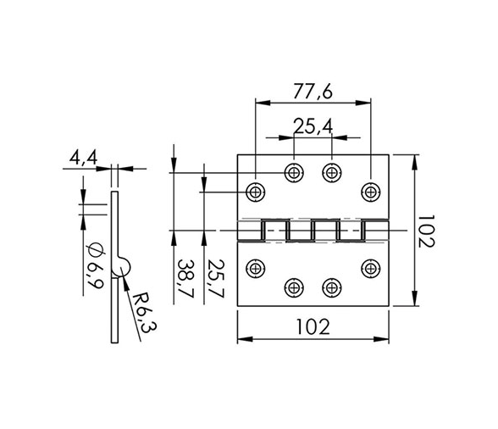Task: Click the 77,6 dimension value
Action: tap(313, 92)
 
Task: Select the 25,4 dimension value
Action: tap(313, 126)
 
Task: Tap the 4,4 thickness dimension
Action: tap(84, 158)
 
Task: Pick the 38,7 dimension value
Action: tap(185, 279)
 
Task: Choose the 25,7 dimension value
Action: tap(216, 279)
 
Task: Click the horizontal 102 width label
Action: tap(313, 327)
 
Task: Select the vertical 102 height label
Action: tap(425, 231)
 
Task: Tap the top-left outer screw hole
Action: tap(256, 192)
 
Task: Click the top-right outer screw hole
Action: tap(371, 192)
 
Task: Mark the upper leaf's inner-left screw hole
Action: tap(294, 173)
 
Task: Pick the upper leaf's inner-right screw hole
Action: tap(332, 173)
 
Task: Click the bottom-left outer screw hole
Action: tap(256, 269)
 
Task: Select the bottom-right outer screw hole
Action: tap(371, 269)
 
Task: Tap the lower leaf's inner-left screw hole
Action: tap(294, 287)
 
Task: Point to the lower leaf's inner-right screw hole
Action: tap(332, 287)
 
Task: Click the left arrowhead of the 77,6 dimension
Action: tap(263, 103)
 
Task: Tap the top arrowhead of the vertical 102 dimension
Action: tap(415, 162)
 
